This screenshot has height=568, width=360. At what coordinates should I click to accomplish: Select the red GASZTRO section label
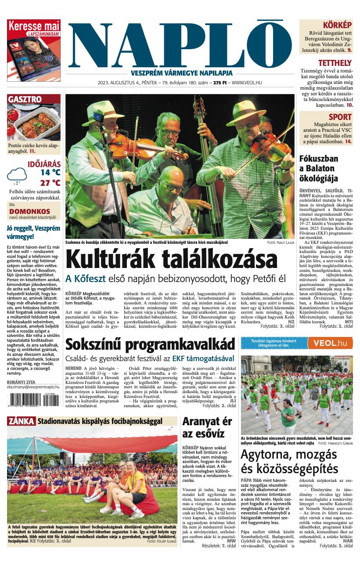[25, 99]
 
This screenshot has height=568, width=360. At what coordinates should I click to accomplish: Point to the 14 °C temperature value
[50, 173]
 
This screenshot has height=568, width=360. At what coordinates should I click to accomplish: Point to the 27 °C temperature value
[50, 183]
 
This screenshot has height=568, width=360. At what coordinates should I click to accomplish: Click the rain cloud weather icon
[17, 176]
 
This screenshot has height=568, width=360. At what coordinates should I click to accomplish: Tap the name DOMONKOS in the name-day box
[29, 211]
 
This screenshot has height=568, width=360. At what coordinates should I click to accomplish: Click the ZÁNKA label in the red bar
[21, 421]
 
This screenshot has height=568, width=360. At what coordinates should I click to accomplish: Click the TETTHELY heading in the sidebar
[335, 63]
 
